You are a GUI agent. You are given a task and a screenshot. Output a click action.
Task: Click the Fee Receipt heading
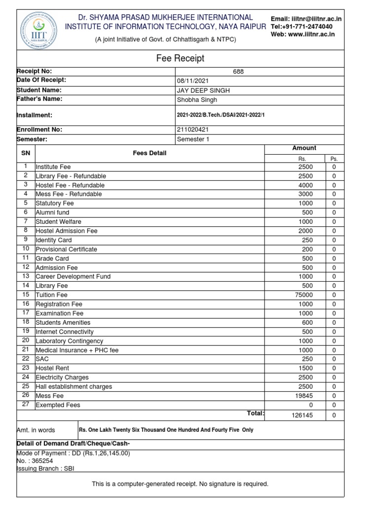pyautogui.click(x=180, y=58)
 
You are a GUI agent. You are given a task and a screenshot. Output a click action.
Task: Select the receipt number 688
pyautogui.click(x=238, y=72)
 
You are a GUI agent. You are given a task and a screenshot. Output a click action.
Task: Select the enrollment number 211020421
pyautogui.click(x=193, y=129)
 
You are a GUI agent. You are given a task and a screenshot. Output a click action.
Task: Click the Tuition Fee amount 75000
pyautogui.click(x=303, y=295)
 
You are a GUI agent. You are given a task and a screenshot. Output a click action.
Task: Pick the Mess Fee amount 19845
pyautogui.click(x=303, y=396)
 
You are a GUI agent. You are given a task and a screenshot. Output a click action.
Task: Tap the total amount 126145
pyautogui.click(x=302, y=416)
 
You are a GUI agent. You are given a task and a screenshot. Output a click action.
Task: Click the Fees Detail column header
pyautogui.click(x=150, y=153)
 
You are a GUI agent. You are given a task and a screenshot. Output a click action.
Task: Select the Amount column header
pyautogui.click(x=304, y=148)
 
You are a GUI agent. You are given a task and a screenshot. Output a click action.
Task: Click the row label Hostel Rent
pyautogui.click(x=52, y=368)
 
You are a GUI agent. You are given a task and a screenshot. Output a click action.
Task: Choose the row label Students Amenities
pyautogui.click(x=63, y=323)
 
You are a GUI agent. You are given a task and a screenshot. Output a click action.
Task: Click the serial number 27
pyautogui.click(x=26, y=405)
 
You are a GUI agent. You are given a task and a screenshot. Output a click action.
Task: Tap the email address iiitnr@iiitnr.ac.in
pyautogui.click(x=315, y=19)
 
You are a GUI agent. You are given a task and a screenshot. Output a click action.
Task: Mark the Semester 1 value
pyautogui.click(x=193, y=139)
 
